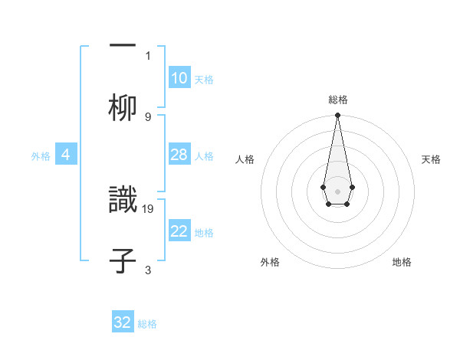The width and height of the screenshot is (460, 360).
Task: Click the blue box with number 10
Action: click(x=179, y=78)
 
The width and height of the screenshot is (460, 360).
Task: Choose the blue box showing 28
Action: click(x=179, y=155)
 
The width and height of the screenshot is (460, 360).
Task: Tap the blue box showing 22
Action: click(x=179, y=231)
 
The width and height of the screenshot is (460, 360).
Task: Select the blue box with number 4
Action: click(x=65, y=155)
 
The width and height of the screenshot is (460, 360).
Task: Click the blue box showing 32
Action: click(x=123, y=322)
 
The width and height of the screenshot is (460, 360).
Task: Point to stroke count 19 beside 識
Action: click(x=148, y=208)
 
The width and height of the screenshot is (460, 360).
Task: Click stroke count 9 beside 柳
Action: click(x=148, y=116)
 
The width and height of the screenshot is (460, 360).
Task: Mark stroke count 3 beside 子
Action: click(x=148, y=270)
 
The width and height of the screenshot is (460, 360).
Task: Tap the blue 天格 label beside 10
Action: click(x=204, y=80)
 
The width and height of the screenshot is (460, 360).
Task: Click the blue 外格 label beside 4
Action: click(x=41, y=156)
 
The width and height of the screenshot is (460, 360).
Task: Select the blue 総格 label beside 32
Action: click(x=147, y=324)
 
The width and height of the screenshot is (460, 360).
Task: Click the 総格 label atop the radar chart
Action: click(x=337, y=100)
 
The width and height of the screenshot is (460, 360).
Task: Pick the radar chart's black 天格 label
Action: click(x=431, y=159)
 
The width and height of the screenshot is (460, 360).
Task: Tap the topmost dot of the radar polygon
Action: click(x=337, y=116)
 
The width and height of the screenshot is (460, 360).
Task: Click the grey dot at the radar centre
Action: click(x=337, y=190)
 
